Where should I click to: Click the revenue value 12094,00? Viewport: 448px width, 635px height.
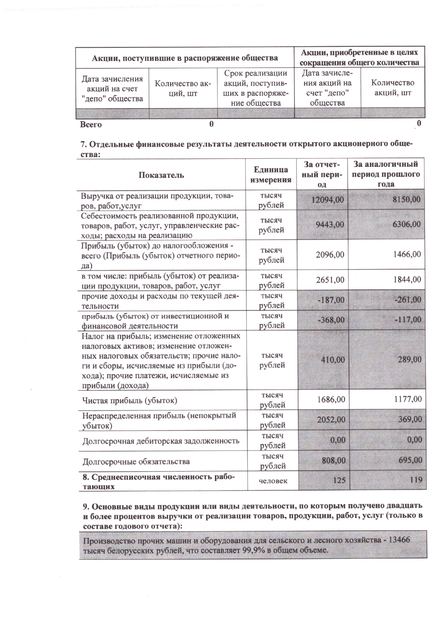coord(327,200)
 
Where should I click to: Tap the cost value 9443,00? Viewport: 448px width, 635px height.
coord(329,224)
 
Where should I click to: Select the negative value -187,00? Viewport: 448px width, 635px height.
coord(331,300)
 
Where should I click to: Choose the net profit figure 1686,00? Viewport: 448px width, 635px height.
coord(330,399)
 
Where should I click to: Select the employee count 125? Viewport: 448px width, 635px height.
coord(339,481)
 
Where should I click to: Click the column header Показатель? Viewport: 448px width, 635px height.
coord(161,175)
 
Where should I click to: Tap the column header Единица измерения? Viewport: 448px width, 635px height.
coord(271,174)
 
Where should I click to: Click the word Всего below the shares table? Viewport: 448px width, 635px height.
coord(91,125)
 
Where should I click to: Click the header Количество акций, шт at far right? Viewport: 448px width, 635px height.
coord(392,88)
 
